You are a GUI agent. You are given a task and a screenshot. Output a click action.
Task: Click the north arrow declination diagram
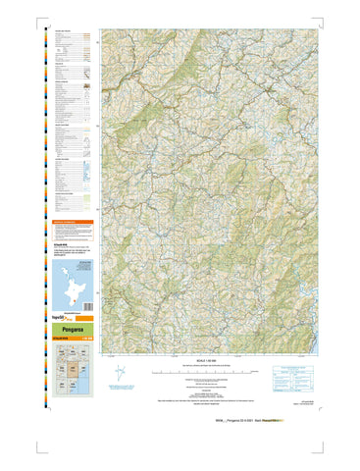click(120, 373)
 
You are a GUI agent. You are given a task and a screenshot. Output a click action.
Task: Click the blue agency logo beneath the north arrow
click(120, 392)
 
